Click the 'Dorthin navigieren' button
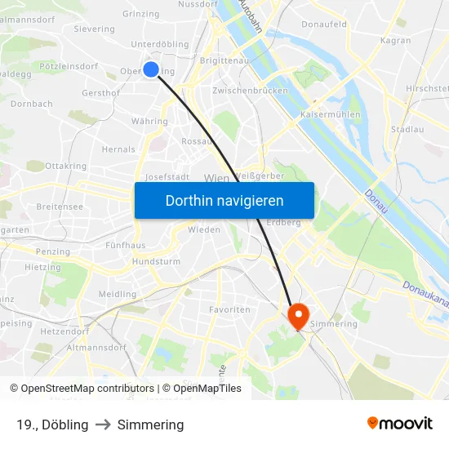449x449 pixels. click(x=224, y=200)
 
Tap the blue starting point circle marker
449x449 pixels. click(x=151, y=69)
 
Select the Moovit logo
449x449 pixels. click(x=400, y=424)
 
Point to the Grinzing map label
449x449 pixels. click(x=140, y=14)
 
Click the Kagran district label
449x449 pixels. click(x=396, y=40)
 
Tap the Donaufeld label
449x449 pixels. click(x=324, y=24)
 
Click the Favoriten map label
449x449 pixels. click(x=229, y=310)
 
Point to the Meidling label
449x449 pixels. click(x=118, y=294)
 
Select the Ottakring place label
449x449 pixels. click(x=66, y=166)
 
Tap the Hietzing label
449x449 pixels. click(x=42, y=267)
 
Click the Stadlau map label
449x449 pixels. click(x=407, y=129)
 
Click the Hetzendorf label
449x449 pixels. click(x=64, y=332)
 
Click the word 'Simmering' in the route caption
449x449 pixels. click(x=150, y=425)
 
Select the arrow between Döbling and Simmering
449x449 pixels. click(x=103, y=425)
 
